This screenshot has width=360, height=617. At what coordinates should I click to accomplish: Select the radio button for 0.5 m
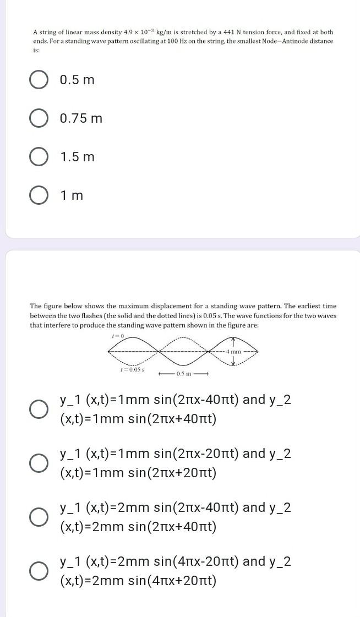pos(38,80)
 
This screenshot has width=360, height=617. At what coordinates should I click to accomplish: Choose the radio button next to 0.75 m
pos(38,118)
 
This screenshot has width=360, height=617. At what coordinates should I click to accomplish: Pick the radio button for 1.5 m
pos(38,157)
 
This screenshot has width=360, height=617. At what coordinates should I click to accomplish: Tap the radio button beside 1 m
pos(38,195)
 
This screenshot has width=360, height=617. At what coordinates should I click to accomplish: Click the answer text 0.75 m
pos(81,118)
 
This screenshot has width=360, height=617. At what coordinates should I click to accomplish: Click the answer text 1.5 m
pos(77,157)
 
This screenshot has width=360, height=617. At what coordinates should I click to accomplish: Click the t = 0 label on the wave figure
pos(118,335)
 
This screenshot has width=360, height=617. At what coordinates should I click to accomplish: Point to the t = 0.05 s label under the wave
pos(132,369)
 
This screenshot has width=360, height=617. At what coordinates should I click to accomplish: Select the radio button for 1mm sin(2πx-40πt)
pos(38,409)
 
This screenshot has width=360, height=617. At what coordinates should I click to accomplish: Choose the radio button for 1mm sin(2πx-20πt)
pos(38,463)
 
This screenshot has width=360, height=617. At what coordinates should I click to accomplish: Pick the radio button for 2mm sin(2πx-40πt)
pos(38,517)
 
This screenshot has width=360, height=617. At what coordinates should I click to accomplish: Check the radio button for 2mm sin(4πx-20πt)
pos(38,571)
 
